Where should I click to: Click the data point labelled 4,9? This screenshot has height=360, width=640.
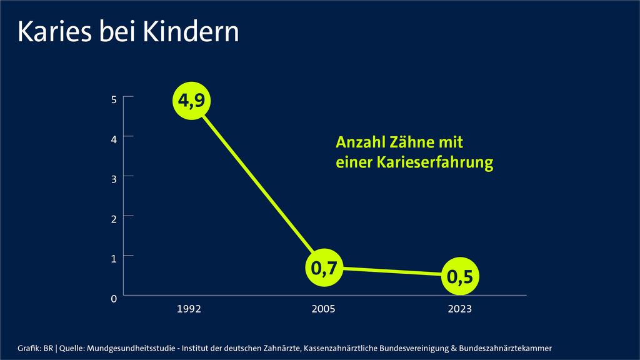[x=192, y=100]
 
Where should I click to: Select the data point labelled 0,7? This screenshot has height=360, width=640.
[x=324, y=269]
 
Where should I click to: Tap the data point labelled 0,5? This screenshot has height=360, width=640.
[x=459, y=276]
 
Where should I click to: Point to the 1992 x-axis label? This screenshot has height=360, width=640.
[x=189, y=309]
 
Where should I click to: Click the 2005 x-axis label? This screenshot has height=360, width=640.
[x=324, y=309]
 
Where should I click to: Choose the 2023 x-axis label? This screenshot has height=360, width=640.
[x=459, y=309]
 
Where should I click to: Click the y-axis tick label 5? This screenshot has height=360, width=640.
[x=114, y=99]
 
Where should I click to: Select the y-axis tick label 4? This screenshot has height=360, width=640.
[x=114, y=139]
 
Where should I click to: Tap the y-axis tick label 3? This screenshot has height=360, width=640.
[x=114, y=179]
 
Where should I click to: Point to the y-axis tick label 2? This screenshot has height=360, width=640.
[x=114, y=219]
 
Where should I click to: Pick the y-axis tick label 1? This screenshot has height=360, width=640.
[x=114, y=258]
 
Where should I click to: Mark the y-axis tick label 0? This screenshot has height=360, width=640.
[x=114, y=299]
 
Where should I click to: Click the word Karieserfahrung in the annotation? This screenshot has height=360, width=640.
[x=434, y=163]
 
